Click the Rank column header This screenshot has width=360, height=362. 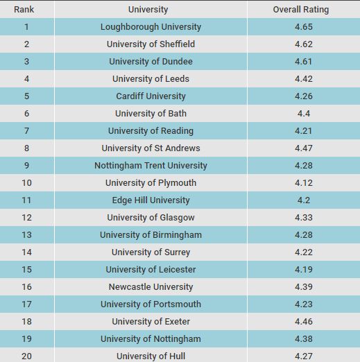24,10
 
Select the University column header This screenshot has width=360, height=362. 148,10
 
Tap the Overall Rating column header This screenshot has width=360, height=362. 301,10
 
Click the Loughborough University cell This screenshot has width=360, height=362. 151,27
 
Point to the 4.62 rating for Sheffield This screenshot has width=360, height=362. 304,44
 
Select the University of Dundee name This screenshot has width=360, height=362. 151,62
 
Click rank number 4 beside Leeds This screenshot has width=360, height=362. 26,79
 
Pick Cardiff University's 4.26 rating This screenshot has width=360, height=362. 304,96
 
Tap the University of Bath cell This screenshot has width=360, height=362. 151,114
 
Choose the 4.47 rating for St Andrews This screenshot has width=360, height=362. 304,148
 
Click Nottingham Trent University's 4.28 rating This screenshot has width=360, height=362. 304,166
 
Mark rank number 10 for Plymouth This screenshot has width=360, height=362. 26,183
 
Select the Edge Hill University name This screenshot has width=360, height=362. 151,200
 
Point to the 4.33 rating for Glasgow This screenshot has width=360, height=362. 304,218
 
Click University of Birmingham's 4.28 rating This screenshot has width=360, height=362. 304,235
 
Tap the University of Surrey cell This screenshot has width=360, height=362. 151,252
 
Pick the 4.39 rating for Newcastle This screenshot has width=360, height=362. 304,287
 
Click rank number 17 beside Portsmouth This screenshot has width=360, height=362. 26,304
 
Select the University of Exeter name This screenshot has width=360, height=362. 151,322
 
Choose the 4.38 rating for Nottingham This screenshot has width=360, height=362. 304,339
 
